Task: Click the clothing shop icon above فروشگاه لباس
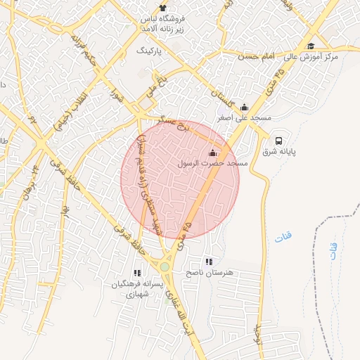tap(164, 7)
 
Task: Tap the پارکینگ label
tap(149, 52)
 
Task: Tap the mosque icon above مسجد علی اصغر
tap(244, 107)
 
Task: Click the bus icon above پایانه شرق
tap(279, 140)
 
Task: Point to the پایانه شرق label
tap(280, 151)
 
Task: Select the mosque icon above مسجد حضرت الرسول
tap(213, 153)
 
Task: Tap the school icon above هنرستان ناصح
tap(208, 262)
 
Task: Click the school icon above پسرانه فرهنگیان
tap(138, 273)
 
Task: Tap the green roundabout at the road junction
tap(165, 266)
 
